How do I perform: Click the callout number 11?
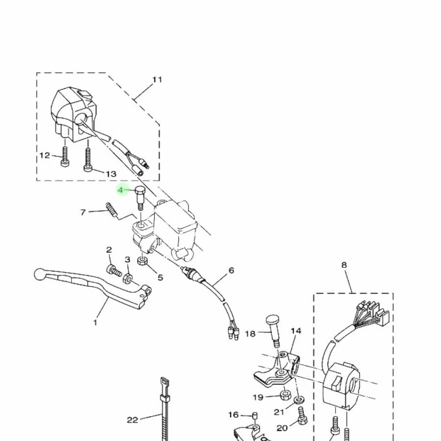point(157,79)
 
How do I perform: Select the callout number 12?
point(45,155)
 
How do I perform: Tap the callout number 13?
point(111,174)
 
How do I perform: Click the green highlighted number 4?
point(121,190)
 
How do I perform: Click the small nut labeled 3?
point(127,279)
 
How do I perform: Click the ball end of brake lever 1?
point(39,273)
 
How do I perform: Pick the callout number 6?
point(231,270)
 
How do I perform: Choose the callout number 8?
point(344,265)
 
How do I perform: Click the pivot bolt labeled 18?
point(274,329)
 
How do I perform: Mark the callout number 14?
point(296,331)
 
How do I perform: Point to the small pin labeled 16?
point(254,416)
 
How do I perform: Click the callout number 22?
point(132,419)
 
